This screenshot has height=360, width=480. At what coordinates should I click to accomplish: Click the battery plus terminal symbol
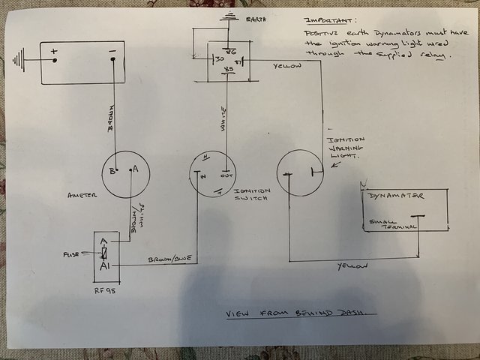click(x=54, y=52)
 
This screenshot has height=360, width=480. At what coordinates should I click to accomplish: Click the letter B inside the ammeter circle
click(x=113, y=170)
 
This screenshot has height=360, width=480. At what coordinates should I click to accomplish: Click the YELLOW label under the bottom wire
click(x=348, y=265)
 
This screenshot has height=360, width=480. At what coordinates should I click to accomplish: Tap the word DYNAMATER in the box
click(x=397, y=196)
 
